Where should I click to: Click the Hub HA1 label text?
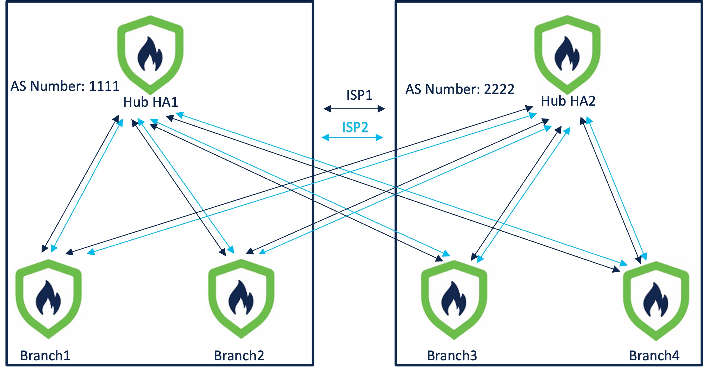pyautogui.click(x=151, y=102)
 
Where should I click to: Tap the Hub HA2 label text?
pyautogui.click(x=568, y=101)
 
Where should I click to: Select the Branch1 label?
pyautogui.click(x=45, y=356)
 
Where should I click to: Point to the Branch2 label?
pyautogui.click(x=239, y=356)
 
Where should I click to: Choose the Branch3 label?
pyautogui.click(x=452, y=356)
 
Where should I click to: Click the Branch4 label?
pyautogui.click(x=654, y=356)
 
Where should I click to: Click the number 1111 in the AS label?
pyautogui.click(x=104, y=86)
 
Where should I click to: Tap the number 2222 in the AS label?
pyautogui.click(x=499, y=89)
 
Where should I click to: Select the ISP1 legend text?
pyautogui.click(x=359, y=95)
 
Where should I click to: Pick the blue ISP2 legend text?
pyautogui.click(x=355, y=127)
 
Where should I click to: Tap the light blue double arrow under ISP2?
pyautogui.click(x=352, y=137)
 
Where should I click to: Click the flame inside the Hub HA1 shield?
pyautogui.click(x=150, y=54)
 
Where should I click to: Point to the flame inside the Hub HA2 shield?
pyautogui.click(x=567, y=54)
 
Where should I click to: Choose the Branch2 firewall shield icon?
pyautogui.click(x=241, y=298)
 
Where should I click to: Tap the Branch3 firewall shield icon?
pyautogui.click(x=454, y=300)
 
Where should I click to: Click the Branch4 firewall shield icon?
pyautogui.click(x=656, y=301)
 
